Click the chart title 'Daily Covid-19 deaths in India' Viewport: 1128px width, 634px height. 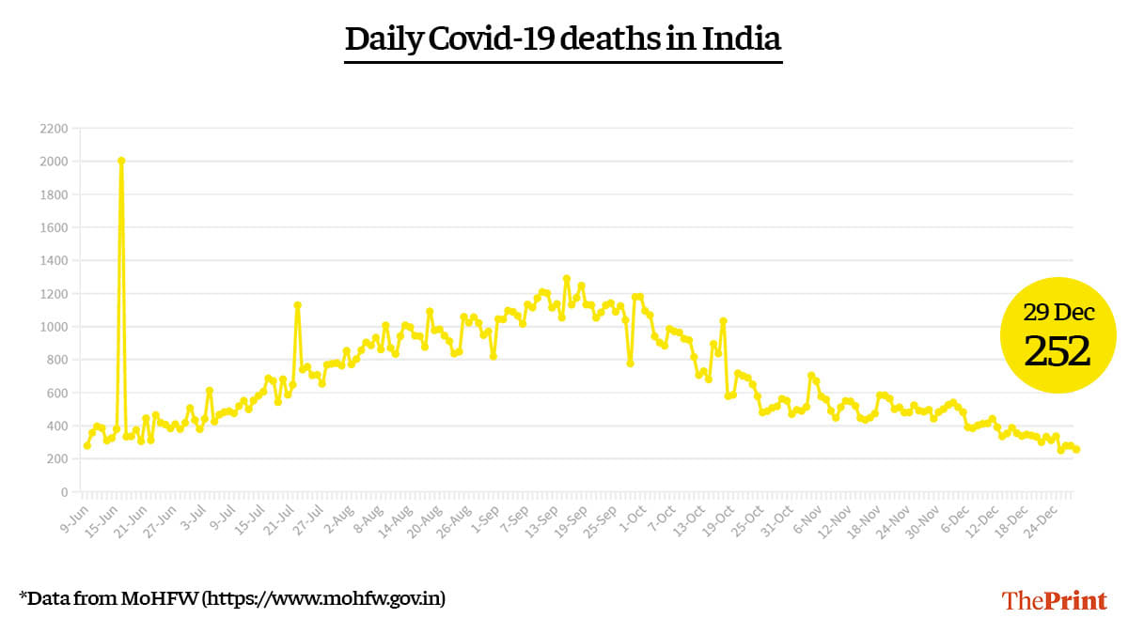click(x=563, y=39)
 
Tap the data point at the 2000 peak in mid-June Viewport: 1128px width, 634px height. click(x=121, y=161)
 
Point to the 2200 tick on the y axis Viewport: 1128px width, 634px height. click(x=55, y=129)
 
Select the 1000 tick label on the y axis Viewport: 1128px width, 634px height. click(x=55, y=327)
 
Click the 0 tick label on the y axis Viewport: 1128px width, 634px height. click(x=64, y=492)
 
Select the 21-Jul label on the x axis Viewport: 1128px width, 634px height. click(x=279, y=518)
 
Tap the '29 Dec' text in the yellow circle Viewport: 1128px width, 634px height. click(x=1058, y=313)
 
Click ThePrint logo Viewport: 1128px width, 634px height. click(x=1054, y=601)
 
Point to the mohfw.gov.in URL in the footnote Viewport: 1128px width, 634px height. click(x=324, y=597)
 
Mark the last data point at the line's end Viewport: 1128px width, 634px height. click(x=1076, y=450)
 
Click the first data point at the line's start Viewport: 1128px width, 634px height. click(x=86, y=445)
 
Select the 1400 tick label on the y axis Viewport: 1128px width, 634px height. click(x=55, y=261)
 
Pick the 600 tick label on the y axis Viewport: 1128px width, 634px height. click(x=57, y=393)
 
